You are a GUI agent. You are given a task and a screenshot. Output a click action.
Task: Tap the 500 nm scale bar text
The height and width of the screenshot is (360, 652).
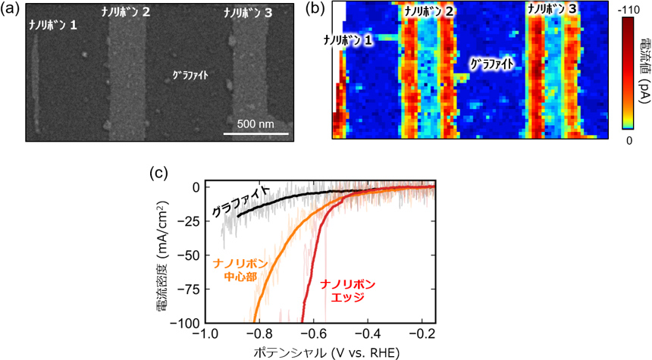[x=257, y=124]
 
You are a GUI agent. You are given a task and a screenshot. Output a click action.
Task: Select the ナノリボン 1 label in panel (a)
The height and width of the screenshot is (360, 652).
[x=53, y=24]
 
